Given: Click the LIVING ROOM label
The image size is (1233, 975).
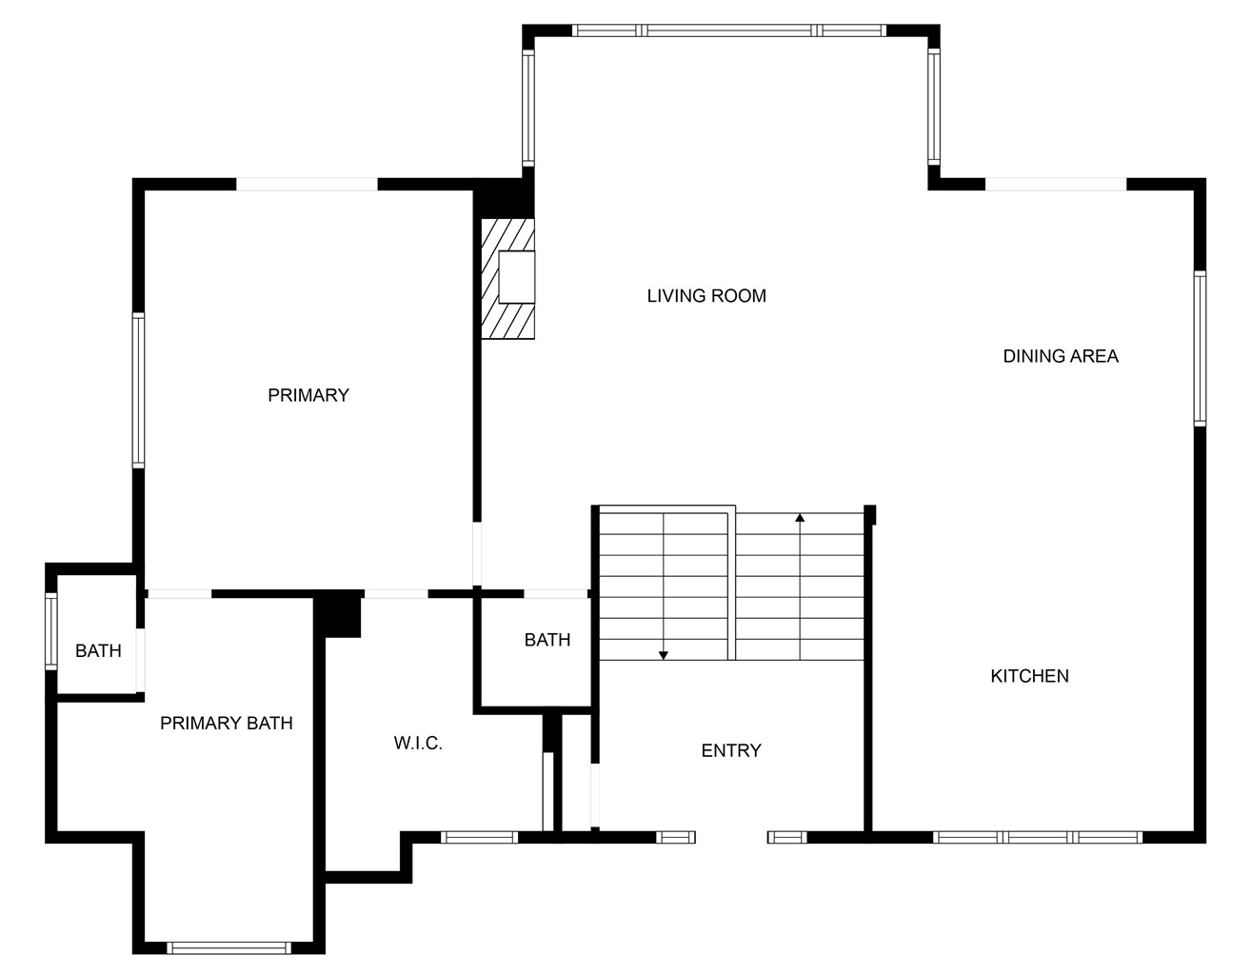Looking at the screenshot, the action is pyautogui.click(x=706, y=296).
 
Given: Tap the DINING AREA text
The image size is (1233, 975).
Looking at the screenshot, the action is pyautogui.click(x=1061, y=356).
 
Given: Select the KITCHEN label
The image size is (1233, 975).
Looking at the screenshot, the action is pyautogui.click(x=1029, y=676).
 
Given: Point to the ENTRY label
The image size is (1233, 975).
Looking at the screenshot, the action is pyautogui.click(x=731, y=750).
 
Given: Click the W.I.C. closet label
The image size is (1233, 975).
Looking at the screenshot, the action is pyautogui.click(x=418, y=743).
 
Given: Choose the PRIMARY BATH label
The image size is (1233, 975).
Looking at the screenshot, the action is pyautogui.click(x=227, y=723).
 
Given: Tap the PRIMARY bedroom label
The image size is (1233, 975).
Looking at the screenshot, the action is pyautogui.click(x=308, y=395).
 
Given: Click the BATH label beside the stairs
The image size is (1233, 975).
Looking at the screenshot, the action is pyautogui.click(x=547, y=640).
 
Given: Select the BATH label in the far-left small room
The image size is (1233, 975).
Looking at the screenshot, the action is pyautogui.click(x=98, y=650).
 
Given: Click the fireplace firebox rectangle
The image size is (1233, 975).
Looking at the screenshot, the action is pyautogui.click(x=517, y=277).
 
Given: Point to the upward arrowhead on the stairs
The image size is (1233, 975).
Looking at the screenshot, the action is pyautogui.click(x=800, y=518).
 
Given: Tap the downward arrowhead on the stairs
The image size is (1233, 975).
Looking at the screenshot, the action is pyautogui.click(x=664, y=655).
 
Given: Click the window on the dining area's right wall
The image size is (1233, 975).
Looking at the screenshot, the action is pyautogui.click(x=1200, y=348).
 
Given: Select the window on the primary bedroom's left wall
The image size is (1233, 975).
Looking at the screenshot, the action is pyautogui.click(x=138, y=390).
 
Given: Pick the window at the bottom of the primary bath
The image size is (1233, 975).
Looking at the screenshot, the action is pyautogui.click(x=229, y=948).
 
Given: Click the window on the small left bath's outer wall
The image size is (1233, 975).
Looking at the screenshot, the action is pyautogui.click(x=51, y=631).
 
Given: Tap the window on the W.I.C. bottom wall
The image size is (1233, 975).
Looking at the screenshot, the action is pyautogui.click(x=479, y=838).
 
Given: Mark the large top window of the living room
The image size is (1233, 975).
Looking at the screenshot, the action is pyautogui.click(x=728, y=30).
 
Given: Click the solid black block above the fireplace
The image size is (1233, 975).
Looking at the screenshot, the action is pyautogui.click(x=504, y=198).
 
